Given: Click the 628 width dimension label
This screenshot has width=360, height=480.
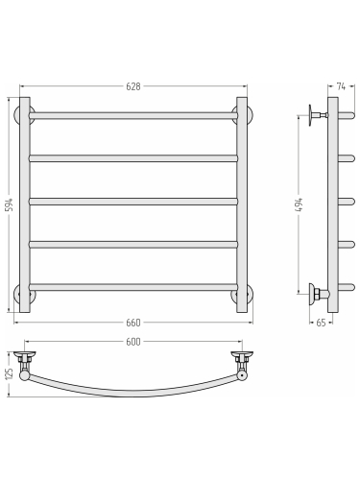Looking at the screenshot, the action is pyautogui.click(x=133, y=86).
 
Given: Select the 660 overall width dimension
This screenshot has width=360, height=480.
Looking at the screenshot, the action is pyautogui.click(x=133, y=323).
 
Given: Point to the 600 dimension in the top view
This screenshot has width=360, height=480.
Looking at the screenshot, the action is pyautogui.click(x=133, y=342).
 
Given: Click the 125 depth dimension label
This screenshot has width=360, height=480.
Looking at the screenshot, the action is pyautogui.click(x=10, y=374).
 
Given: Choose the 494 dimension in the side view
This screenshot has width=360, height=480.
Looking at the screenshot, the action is pyautogui.click(x=299, y=205).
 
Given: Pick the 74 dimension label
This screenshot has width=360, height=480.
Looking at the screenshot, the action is pyautogui.click(x=341, y=86).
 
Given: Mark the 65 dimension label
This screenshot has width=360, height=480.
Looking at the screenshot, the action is pyautogui.click(x=321, y=323).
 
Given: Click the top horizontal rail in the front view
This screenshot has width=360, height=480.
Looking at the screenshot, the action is pyautogui.click(x=133, y=115).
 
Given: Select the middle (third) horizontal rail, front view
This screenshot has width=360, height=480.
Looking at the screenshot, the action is pyautogui.click(x=133, y=202).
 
